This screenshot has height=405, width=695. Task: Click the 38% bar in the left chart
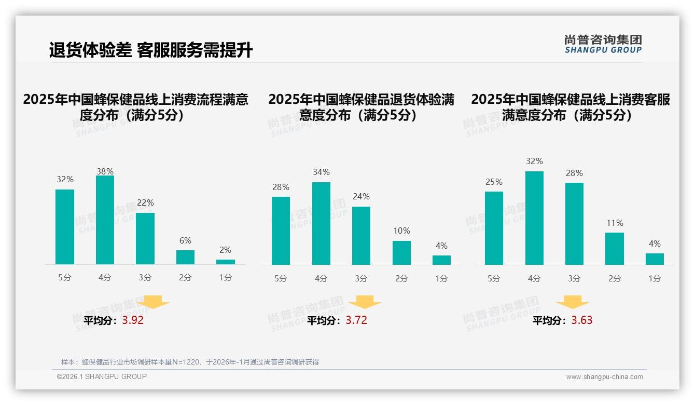point(105,220)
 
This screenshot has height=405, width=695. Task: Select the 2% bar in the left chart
point(226,262)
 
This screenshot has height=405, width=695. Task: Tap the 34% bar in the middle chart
point(321,223)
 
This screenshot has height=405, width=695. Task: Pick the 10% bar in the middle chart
point(401,253)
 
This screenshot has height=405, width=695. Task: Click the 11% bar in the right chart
point(615,249)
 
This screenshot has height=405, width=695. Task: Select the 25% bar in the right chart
point(494,228)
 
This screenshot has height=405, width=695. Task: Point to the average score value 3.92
point(133,320)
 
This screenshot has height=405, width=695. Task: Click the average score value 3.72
point(356,320)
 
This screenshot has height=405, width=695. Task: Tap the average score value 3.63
point(582,320)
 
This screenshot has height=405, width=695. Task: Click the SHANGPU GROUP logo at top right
point(603,44)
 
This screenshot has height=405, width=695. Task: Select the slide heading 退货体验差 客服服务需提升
point(151,50)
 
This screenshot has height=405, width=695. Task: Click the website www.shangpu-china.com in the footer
point(604,377)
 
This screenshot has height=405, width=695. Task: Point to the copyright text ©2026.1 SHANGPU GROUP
point(102,376)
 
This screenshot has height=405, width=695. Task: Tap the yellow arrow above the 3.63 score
point(573,302)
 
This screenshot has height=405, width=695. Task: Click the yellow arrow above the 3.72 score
point(365,302)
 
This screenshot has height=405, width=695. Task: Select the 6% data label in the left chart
point(185,240)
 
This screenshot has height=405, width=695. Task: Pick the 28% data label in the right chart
point(574,173)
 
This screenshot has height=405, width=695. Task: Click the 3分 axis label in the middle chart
point(362,278)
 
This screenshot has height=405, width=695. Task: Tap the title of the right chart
point(571,107)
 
